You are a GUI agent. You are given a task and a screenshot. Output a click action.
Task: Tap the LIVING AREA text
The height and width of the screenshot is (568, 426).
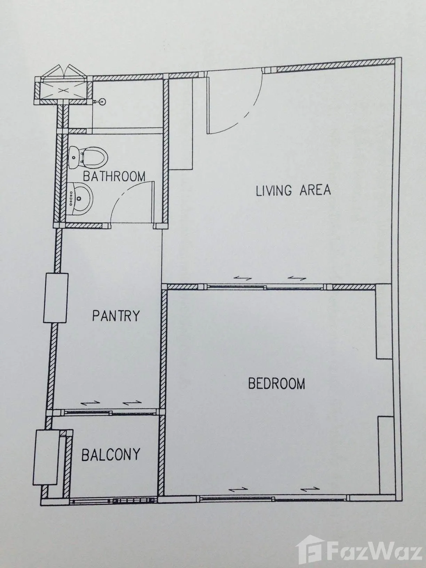coord(293,190)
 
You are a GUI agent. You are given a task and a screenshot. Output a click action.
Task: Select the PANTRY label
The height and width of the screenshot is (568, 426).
coord(116,316)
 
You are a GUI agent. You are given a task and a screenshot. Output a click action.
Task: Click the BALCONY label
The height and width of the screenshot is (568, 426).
coord(111,455)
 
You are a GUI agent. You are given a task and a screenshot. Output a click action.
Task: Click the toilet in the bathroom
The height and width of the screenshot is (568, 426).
coord(88,157)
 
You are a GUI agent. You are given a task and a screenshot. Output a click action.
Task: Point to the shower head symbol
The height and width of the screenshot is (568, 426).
coord(101,102)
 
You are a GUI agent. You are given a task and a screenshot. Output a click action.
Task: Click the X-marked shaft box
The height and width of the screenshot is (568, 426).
coord(63,90)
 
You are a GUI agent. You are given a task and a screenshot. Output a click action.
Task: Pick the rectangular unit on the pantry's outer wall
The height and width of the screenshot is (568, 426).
coord(56,298)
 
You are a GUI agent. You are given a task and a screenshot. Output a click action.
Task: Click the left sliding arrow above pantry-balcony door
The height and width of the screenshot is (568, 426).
coord(90,410)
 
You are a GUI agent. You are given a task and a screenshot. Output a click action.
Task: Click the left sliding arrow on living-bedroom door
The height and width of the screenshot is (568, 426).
coord(243,278)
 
